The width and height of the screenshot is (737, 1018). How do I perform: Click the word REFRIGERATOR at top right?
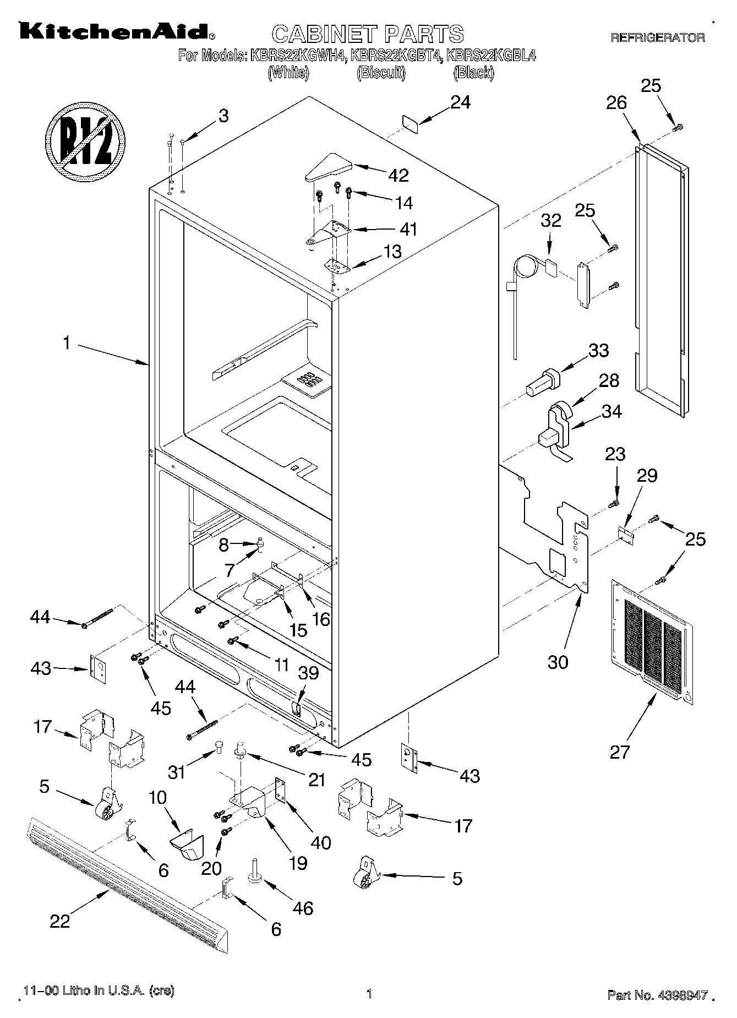[657, 38]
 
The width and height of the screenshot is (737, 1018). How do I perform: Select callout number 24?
[461, 102]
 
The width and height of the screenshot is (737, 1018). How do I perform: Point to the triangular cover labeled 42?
[329, 166]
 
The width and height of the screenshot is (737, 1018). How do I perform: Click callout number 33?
[598, 350]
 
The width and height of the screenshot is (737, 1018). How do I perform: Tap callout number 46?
[303, 908]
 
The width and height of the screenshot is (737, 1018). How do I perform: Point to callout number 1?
[66, 343]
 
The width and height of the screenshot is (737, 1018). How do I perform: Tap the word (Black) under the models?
[473, 73]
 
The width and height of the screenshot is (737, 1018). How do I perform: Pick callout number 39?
[308, 688]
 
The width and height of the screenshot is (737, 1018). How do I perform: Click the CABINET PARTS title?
[368, 34]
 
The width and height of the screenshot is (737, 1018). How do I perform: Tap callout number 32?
[550, 220]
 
